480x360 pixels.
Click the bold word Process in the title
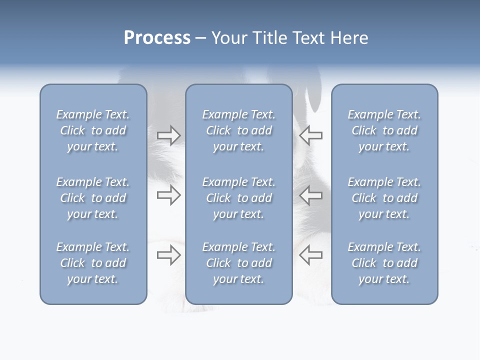tap(157, 38)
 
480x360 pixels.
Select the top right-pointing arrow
tap(168, 135)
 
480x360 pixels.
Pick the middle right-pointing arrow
tap(168, 195)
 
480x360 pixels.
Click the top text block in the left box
tap(93, 130)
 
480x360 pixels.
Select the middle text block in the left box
tap(93, 198)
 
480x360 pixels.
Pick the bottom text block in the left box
tap(93, 263)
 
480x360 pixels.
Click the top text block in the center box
tap(238, 130)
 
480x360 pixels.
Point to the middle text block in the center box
tap(238, 198)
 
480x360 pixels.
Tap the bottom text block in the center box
tap(238, 263)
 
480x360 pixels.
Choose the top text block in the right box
tap(384, 130)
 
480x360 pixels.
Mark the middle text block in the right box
tap(384, 198)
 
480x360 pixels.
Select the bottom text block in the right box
tap(384, 263)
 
